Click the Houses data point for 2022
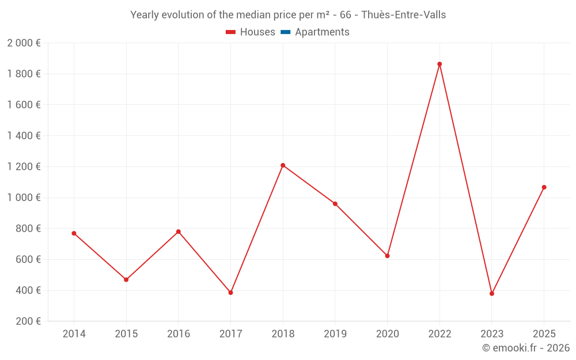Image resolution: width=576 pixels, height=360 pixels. pos(439,64)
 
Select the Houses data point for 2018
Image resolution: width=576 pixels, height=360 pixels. pos(283,165)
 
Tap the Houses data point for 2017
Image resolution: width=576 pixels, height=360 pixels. pos(230,293)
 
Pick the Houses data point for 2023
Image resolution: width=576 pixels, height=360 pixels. pos(492,294)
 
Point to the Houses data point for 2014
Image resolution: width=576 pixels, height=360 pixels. pos(74,233)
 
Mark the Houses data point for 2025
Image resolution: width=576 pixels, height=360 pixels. pos(544,187)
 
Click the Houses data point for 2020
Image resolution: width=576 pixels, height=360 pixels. pos(387,256)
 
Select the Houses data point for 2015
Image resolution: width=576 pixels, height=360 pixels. pos(126,279)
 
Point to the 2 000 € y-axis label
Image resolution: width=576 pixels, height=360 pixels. pos(24,43)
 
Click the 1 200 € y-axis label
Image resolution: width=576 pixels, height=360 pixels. pos(24,166)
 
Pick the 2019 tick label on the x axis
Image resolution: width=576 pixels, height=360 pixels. pos(335,334)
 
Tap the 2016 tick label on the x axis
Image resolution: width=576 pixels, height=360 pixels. pos(178,334)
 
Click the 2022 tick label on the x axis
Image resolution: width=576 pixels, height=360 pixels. pos(439,334)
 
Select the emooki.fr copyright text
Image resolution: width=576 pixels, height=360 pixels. pos(525,348)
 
